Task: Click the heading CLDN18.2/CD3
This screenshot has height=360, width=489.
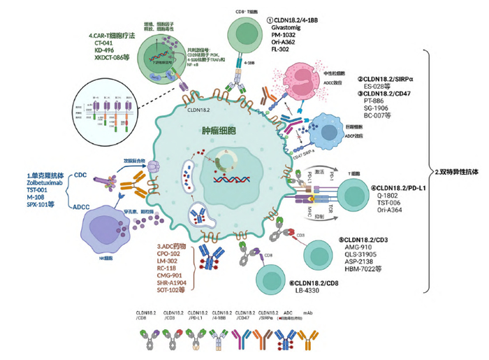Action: (x=374, y=239)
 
